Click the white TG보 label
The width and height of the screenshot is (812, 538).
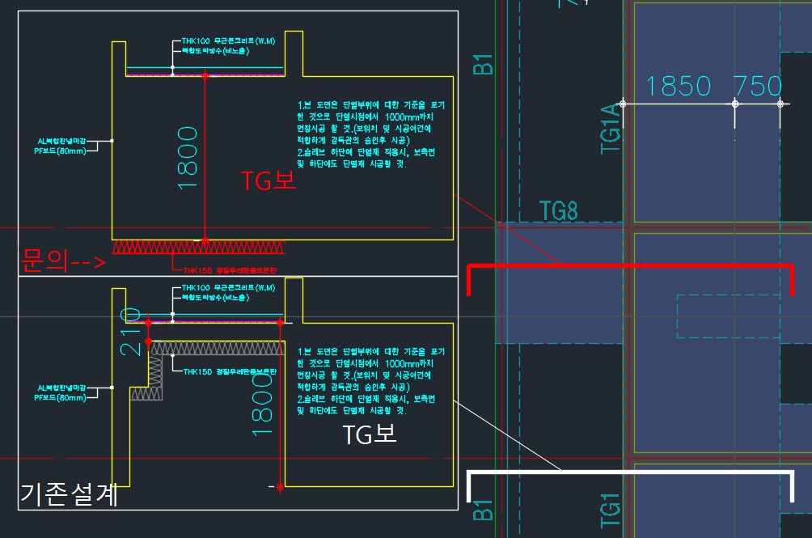(x=370, y=434)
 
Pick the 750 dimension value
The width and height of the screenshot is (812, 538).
(x=758, y=86)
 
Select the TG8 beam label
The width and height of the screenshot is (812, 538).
(x=559, y=212)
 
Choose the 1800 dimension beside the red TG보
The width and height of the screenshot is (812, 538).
(x=188, y=157)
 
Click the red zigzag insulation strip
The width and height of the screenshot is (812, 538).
(x=200, y=248)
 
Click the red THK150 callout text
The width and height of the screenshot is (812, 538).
(x=230, y=269)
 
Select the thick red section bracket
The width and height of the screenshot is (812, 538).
(x=631, y=266)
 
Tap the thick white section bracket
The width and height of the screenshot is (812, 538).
(x=631, y=472)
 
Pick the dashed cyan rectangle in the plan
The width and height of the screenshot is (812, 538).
(x=727, y=316)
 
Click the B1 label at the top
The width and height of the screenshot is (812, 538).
(x=483, y=64)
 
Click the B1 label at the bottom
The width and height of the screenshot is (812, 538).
(x=483, y=510)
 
